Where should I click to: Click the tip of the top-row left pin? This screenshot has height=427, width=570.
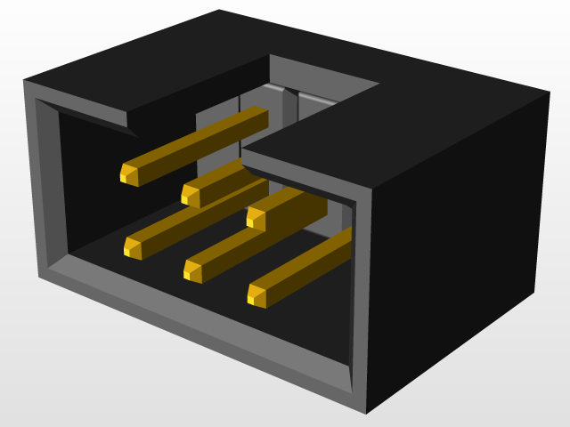[130, 173]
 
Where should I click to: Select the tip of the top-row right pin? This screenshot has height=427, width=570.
[256, 216]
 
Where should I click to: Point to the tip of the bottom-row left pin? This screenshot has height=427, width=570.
[133, 248]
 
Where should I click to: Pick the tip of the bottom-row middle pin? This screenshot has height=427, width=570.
[193, 270]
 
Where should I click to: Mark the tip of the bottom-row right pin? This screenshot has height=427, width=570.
[257, 294]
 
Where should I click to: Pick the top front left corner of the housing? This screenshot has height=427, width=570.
[24, 81]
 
